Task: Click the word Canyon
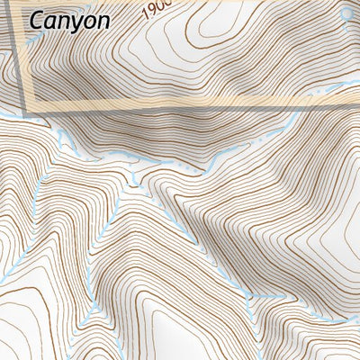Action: point(69,20)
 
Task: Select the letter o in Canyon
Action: point(88,21)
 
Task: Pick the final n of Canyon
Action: point(103,21)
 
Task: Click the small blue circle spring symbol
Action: point(347,13)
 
